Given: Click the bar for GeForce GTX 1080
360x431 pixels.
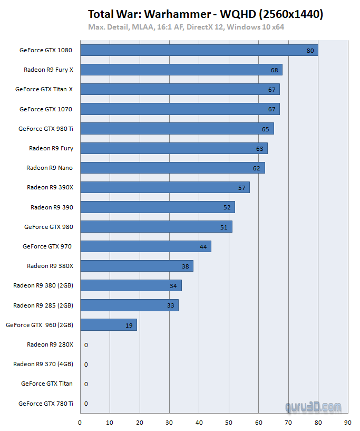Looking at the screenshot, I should tap(198, 50).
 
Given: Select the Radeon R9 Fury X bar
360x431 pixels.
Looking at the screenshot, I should tap(181, 70).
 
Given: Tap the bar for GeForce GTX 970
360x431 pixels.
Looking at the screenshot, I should tap(145, 246).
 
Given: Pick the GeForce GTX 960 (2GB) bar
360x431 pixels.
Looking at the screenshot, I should tap(108, 325).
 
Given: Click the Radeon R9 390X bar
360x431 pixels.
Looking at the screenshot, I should tap(164, 187).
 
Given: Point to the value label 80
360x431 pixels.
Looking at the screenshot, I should tap(310, 51).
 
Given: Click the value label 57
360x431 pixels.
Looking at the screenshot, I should tap(242, 188).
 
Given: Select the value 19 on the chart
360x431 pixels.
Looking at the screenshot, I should tap(129, 325).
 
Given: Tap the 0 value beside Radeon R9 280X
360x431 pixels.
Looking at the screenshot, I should tap(86, 345).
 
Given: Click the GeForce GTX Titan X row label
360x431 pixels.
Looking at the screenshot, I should tap(44, 89).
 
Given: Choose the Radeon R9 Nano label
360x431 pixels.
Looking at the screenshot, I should tap(50, 168).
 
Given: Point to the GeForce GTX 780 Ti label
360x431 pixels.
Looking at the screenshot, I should tap(46, 404).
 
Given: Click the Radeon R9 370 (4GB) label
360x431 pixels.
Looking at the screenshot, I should tap(43, 364).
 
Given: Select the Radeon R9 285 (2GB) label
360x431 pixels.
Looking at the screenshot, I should tap(43, 305).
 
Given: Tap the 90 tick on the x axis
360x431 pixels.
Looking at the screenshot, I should tap(348, 422).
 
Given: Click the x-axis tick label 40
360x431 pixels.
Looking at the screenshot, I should tap(199, 422).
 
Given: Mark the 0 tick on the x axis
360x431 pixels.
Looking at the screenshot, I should tap(80, 422).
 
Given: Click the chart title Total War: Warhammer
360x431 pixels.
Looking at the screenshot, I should tap(206, 14).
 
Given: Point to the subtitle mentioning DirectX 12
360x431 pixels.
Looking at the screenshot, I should tap(187, 26).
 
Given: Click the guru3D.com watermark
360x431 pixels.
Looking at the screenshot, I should tap(313, 407).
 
